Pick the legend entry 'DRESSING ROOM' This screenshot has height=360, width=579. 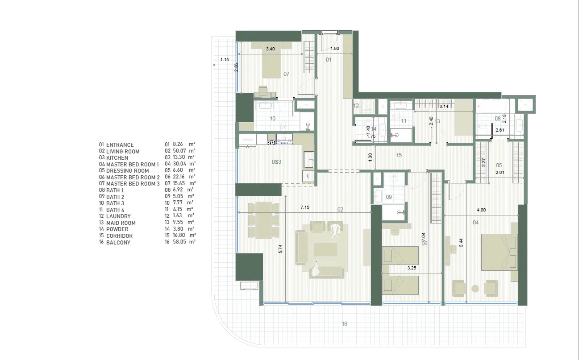[x=127, y=170]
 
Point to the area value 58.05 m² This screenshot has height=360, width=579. [x=180, y=242]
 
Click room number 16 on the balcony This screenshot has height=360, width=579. [x=344, y=324]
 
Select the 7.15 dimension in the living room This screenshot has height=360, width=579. [x=305, y=208]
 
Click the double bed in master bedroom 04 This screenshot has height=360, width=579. [x=499, y=252]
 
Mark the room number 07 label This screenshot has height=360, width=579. [x=286, y=74]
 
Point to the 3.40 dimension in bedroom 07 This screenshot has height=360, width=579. [x=270, y=49]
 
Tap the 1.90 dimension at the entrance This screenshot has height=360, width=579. [x=336, y=49]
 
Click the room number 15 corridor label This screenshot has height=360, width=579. [x=399, y=155]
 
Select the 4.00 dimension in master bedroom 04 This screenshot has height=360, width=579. [x=480, y=210]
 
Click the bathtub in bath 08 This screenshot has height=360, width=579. [x=490, y=108]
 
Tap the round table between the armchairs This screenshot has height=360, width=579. [x=475, y=288]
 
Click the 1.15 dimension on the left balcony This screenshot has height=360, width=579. [x=224, y=59]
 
